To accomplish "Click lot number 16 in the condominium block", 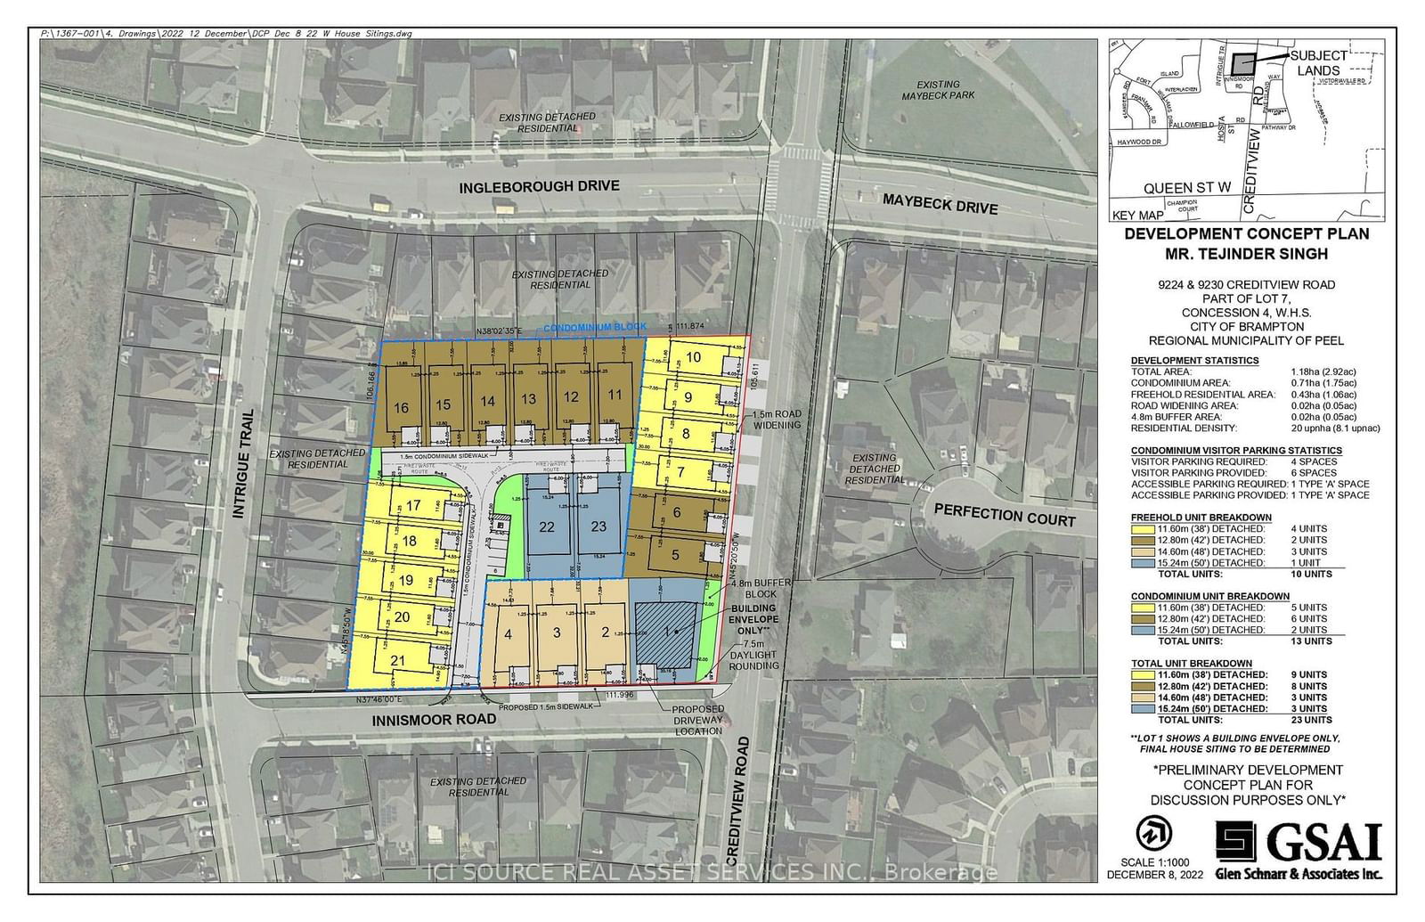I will [x=401, y=408].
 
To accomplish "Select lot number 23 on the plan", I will [x=598, y=526].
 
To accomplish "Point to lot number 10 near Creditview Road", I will [x=694, y=357].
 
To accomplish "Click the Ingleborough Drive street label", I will [x=538, y=187].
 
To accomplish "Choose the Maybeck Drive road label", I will [x=940, y=205].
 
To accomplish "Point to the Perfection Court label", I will [x=1005, y=515].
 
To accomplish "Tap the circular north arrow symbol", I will [x=1154, y=834].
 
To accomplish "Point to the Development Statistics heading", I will [x=1194, y=360].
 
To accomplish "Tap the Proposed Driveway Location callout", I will [x=698, y=720].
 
